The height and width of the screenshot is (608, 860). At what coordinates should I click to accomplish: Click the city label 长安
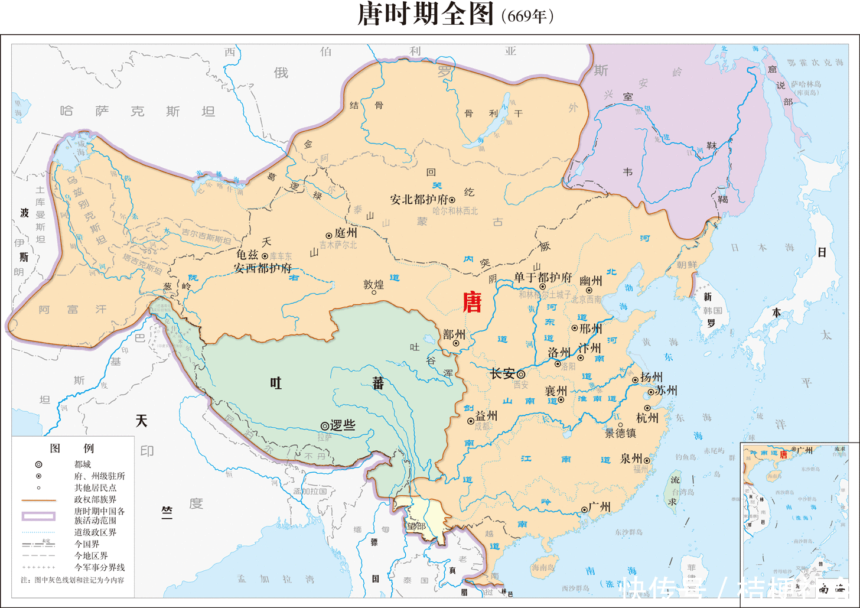[502, 373]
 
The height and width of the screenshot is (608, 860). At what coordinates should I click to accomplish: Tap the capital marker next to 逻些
[324, 425]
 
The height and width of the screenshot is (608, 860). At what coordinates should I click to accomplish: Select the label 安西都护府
[262, 268]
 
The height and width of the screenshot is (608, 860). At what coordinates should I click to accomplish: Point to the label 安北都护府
[419, 200]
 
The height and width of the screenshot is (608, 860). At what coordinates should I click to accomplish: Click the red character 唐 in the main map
[471, 302]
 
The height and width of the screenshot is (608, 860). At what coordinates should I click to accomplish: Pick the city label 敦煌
[373, 284]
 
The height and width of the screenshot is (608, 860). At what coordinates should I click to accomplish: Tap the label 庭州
[346, 233]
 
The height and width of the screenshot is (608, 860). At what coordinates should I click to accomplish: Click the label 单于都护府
[542, 277]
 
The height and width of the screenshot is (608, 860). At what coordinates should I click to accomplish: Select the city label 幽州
[590, 281]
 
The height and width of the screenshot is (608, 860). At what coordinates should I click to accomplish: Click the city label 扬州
[651, 377]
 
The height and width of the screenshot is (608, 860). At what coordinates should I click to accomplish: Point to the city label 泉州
[631, 458]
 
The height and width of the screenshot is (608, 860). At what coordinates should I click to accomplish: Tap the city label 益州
[486, 416]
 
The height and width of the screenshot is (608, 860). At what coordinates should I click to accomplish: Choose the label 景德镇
[620, 433]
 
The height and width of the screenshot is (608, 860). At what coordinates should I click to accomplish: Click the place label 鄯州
[454, 334]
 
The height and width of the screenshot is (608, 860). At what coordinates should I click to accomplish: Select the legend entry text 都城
[83, 464]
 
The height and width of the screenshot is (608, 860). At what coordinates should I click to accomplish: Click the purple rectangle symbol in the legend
[39, 516]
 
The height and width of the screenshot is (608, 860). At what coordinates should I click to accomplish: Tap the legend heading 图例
[72, 448]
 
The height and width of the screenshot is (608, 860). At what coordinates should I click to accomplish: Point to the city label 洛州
[559, 353]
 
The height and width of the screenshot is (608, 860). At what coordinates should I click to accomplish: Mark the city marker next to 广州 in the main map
[584, 509]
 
